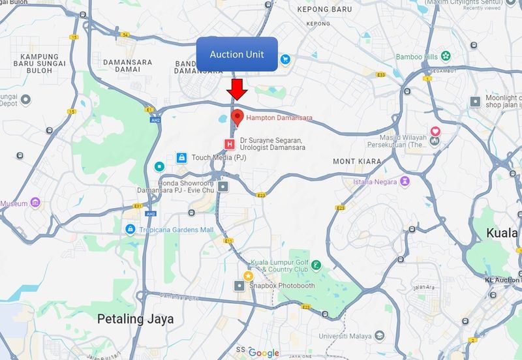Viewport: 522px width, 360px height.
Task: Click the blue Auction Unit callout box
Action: tap(237, 54)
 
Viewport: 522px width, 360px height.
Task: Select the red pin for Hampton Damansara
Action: tap(238, 117)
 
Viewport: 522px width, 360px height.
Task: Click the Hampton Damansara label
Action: tap(279, 118)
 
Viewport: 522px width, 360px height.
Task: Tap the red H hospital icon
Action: tap(229, 143)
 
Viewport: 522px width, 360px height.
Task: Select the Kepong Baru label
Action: tap(324, 10)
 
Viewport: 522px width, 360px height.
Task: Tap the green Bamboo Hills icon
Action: tap(446, 56)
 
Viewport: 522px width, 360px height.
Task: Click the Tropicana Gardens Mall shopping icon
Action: tap(130, 230)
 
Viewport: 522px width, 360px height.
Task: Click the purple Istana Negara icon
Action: tap(406, 180)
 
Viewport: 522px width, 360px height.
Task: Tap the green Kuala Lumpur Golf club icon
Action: tap(316, 265)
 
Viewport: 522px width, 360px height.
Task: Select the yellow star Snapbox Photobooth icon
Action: tap(248, 276)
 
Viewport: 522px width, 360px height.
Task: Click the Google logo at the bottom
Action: tap(264, 353)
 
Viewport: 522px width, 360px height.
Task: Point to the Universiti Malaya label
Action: tap(344, 336)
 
